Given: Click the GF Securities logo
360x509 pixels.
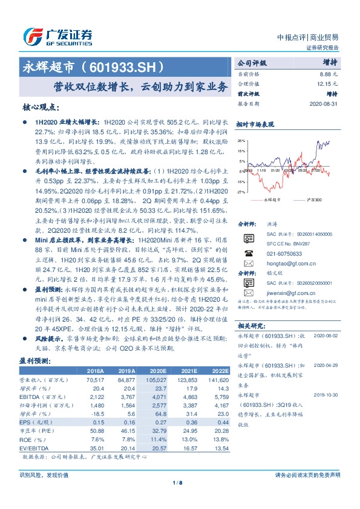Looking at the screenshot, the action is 57,36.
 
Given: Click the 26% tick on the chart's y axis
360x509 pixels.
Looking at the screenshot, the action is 241,140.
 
